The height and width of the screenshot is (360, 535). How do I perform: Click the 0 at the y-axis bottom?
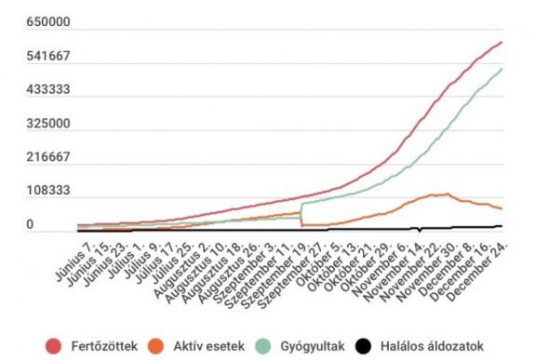(30, 224)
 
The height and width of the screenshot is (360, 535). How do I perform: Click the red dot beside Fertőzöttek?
(55, 346)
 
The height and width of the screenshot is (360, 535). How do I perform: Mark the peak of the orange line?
(447, 194)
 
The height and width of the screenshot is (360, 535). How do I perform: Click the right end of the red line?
(502, 42)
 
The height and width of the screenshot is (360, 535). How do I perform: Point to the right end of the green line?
(502, 68)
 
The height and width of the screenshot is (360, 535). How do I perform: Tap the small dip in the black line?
(420, 229)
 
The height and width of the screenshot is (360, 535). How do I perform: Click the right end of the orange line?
(502, 208)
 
